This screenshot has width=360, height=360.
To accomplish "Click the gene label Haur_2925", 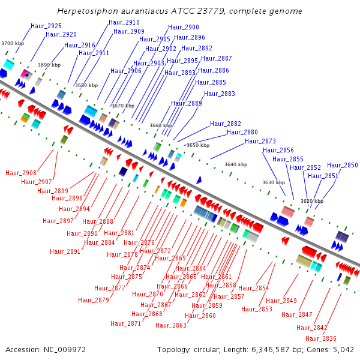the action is coord(46,26).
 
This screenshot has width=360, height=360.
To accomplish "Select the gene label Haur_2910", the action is coord(124,22).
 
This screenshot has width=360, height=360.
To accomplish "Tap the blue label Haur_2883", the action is coord(220,94).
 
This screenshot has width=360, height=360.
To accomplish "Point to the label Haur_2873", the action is coord(260,141).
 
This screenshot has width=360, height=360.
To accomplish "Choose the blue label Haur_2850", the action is coord(343,165).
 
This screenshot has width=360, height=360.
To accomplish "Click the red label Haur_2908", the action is coord(21,173).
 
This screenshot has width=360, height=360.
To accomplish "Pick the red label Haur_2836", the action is coord(321,338).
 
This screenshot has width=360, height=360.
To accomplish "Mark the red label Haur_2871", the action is coord(126,323).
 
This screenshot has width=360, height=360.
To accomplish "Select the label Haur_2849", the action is coord(281,301).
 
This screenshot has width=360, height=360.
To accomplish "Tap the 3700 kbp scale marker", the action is coord(13,43).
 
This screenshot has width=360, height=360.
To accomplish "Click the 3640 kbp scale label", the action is coord(236,164).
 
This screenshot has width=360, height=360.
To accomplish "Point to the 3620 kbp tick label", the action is coord(312,201).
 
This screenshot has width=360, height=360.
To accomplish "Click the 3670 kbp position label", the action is coord(123,106).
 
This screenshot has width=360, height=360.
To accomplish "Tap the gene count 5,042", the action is coord(343,350).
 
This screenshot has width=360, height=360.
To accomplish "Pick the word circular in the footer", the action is coord(207,350).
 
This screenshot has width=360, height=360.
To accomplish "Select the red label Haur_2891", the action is coord(65,251).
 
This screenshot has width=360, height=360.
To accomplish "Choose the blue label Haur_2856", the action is coord(278,150).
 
